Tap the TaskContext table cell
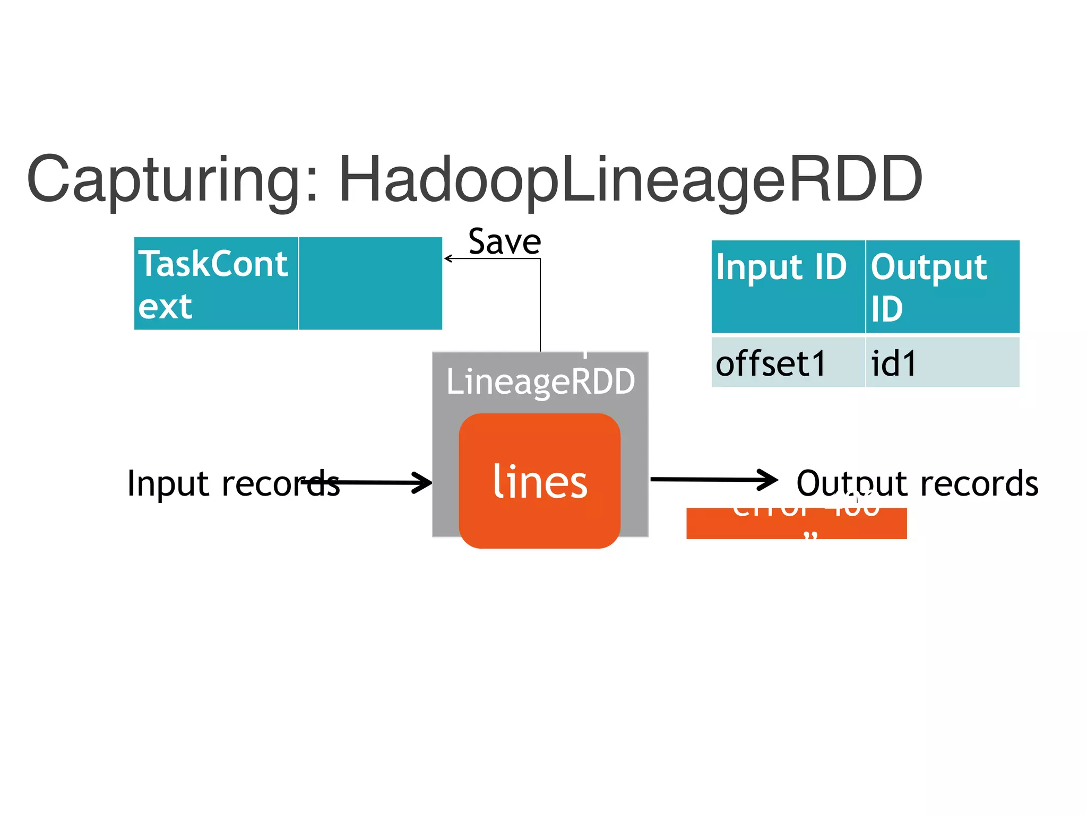[215, 284]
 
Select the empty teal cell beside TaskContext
[370, 284]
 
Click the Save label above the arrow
[504, 242]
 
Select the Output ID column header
[942, 287]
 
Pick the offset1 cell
[788, 363]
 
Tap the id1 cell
[942, 363]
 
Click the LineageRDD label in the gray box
[540, 381]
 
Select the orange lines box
[540, 481]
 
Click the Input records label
[234, 483]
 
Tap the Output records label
[917, 483]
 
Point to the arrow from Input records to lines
[372, 482]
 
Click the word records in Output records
[979, 483]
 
